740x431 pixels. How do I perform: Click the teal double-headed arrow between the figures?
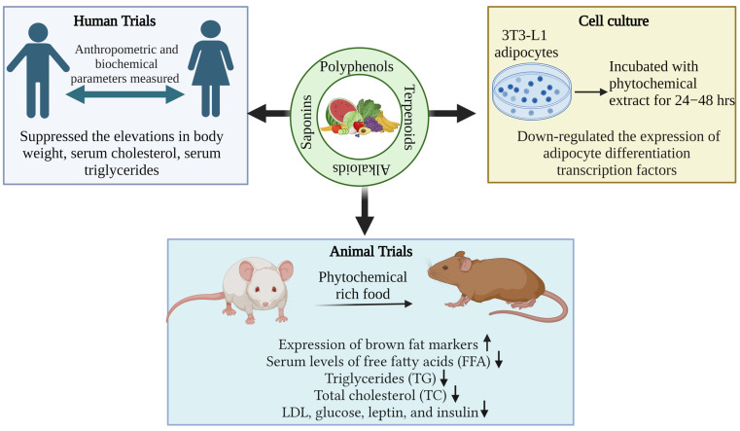coord(124,93)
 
